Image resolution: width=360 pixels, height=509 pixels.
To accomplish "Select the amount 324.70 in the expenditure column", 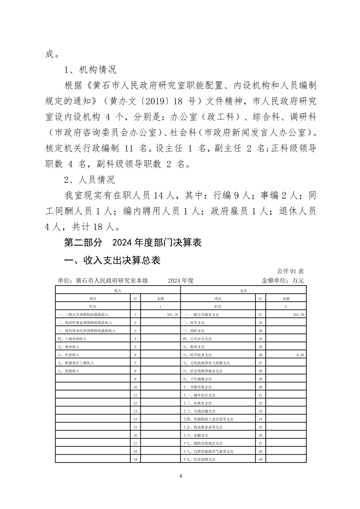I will pos(298,315).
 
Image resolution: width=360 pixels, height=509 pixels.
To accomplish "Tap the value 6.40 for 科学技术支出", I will pos(300,355).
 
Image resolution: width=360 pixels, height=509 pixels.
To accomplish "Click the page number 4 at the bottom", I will pos(180,476).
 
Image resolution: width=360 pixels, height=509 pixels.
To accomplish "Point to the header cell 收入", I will pos(117,290).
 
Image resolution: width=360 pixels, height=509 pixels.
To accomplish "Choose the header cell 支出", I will pos(243,290).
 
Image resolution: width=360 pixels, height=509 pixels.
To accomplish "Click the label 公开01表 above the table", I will pos(291,271).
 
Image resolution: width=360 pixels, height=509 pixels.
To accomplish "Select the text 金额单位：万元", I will pos(283,281).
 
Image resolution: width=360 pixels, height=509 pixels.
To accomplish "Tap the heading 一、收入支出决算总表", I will pos(112,260).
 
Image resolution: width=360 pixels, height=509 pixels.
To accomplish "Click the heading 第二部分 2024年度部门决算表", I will pos(132,243).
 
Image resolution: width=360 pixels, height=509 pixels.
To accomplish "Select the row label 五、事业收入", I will pos(68,347).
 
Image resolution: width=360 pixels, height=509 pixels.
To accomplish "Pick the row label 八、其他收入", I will pos(68,371).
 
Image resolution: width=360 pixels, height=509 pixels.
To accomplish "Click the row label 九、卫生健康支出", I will pos(197,379).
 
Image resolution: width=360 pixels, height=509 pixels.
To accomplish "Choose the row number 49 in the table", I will pos(260,459).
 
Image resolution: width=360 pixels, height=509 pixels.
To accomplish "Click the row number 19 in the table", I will pos(135,459).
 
